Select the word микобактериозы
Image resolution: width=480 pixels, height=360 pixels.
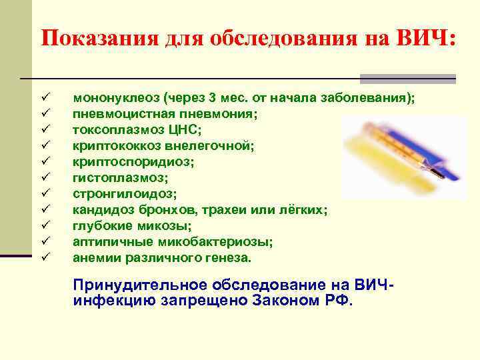216,241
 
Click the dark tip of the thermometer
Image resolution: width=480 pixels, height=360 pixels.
438,175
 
